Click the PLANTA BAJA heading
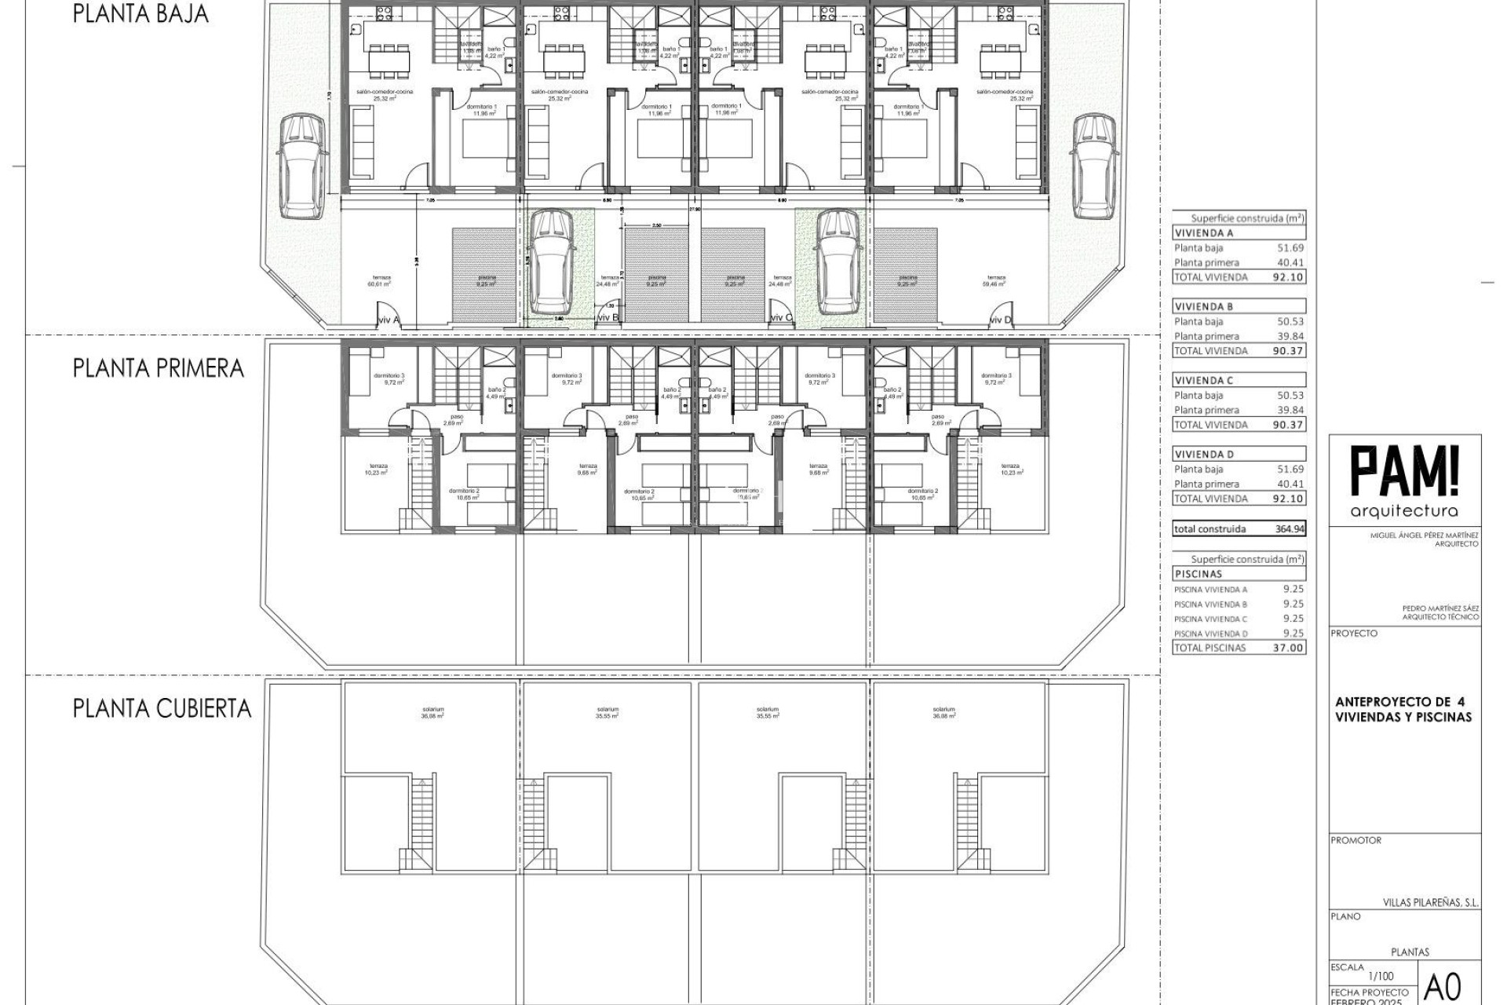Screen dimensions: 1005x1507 (x=140, y=14)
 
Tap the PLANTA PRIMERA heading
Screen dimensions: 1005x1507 (x=159, y=368)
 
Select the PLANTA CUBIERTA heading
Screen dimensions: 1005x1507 (x=162, y=708)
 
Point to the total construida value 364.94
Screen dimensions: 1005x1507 (x=1290, y=529)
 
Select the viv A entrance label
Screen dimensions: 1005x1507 (x=389, y=320)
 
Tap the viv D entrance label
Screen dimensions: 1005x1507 (x=1000, y=320)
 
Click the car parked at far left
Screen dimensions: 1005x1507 (x=301, y=166)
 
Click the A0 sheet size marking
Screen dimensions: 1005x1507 (x=1443, y=985)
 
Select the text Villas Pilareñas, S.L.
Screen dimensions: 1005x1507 (x=1430, y=903)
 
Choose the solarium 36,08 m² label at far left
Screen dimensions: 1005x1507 (x=432, y=712)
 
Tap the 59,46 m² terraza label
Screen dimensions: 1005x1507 (x=996, y=281)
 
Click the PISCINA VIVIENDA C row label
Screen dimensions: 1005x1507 (x=1210, y=619)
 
